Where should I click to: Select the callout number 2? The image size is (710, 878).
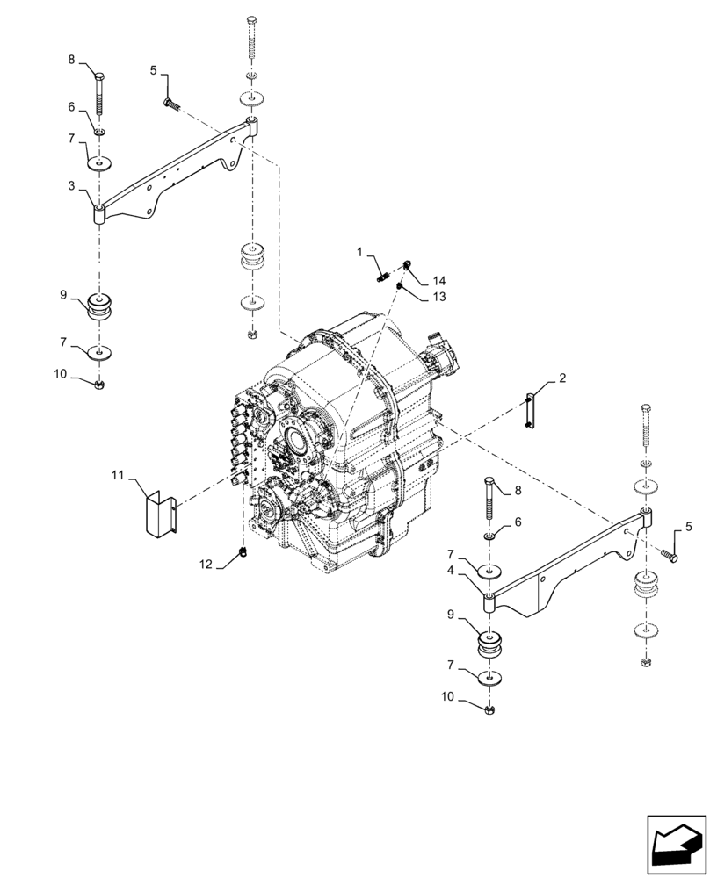click(x=561, y=380)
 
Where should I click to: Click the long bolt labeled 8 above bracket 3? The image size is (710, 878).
click(x=101, y=93)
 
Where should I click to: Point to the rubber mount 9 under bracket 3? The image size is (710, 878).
click(x=103, y=310)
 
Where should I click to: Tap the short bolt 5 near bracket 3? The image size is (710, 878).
click(x=171, y=104)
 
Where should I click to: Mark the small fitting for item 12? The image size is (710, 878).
click(x=242, y=551)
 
